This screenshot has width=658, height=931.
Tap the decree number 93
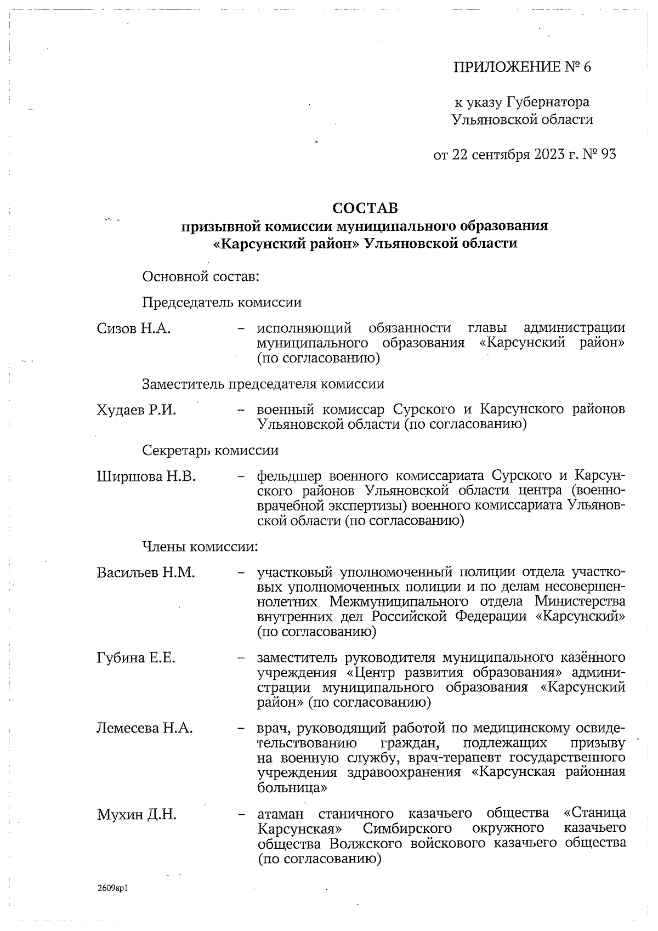tap(609, 155)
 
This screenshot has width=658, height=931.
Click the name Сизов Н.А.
tap(134, 328)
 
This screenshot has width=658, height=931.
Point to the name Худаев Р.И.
tap(136, 410)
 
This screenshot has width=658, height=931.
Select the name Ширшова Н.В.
tap(146, 476)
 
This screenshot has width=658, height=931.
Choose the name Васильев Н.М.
tap(146, 573)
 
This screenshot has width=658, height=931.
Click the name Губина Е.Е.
tap(136, 658)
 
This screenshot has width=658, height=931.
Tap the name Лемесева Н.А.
tap(145, 728)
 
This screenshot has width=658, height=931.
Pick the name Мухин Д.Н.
tap(137, 814)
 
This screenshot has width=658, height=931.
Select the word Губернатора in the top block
tap(548, 102)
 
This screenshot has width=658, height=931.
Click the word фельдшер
tap(288, 475)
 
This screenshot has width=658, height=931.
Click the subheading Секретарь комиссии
tap(210, 451)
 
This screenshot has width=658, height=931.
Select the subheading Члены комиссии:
tap(200, 547)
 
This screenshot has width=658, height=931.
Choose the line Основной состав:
tap(201, 277)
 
